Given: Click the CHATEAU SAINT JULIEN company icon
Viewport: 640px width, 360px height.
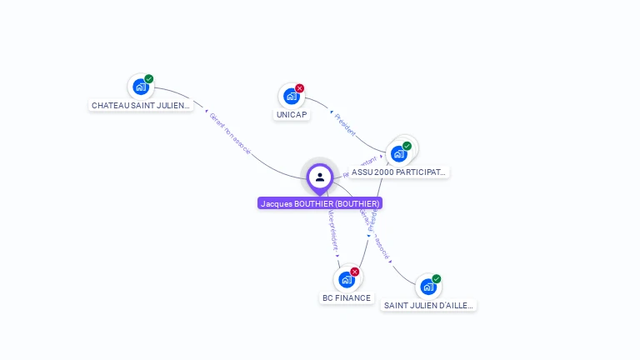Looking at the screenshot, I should (140, 86).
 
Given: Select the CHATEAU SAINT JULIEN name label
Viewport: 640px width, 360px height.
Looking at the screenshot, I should (141, 106).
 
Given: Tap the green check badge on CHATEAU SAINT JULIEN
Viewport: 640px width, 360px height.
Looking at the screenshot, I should (149, 79).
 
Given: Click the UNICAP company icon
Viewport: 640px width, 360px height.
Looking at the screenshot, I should (291, 96).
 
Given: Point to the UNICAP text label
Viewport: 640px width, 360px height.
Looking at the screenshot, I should (292, 115).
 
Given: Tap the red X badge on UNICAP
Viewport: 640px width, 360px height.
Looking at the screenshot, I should (300, 88).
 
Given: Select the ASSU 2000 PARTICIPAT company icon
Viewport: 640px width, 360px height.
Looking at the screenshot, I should (399, 153).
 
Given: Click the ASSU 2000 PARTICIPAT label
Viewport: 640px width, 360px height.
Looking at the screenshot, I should (399, 172).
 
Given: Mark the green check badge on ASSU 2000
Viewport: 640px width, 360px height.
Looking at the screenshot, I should (407, 146).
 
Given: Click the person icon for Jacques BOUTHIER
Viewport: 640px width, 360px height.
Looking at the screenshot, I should (319, 177).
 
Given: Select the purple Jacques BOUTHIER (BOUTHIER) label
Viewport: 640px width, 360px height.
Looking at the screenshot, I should (320, 203).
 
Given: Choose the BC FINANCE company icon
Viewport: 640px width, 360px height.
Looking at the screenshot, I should (346, 279).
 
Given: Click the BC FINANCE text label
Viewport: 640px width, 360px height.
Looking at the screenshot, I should (347, 298).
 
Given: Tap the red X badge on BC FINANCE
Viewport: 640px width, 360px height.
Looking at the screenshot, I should (355, 272).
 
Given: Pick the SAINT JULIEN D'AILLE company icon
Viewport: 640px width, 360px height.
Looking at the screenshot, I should (427, 287).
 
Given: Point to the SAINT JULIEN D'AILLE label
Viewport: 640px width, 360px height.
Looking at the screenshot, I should (428, 306).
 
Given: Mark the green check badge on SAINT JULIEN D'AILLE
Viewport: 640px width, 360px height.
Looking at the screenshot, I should (437, 279).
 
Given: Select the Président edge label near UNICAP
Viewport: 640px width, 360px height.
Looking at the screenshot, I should (345, 123).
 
